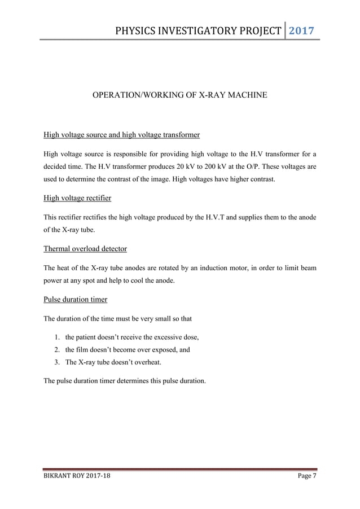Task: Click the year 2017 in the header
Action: (x=302, y=29)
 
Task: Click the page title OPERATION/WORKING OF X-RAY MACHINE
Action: (x=179, y=96)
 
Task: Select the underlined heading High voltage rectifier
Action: (x=77, y=198)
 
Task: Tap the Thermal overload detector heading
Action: (x=85, y=249)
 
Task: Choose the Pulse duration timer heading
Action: (x=76, y=300)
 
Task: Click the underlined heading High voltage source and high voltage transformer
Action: (x=121, y=135)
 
